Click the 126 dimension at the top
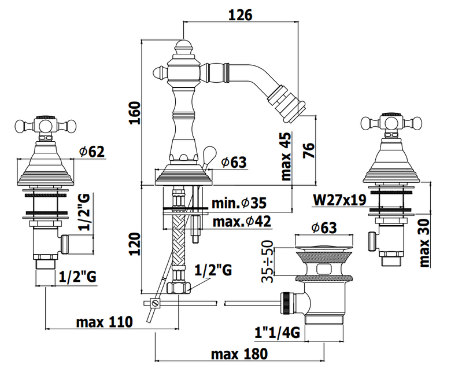(x=240, y=15)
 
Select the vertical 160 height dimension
(x=135, y=112)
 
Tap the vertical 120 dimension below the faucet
(x=135, y=244)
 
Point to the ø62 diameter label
(x=92, y=152)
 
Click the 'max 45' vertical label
(x=286, y=157)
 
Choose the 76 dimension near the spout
(x=309, y=150)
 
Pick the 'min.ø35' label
(x=239, y=203)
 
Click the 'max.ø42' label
(x=242, y=222)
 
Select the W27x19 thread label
(x=339, y=200)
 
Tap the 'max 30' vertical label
(x=424, y=242)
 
